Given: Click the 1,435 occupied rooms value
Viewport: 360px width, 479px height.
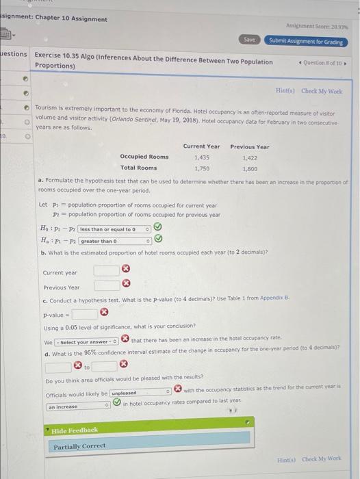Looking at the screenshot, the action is (x=201, y=157).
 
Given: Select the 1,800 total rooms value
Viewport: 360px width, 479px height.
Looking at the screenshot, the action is (x=249, y=168).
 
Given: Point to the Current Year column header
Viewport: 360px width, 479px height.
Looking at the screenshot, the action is (x=201, y=146).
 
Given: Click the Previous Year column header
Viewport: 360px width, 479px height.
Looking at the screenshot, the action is (x=249, y=146).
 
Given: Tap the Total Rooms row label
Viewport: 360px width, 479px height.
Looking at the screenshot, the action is (x=138, y=168).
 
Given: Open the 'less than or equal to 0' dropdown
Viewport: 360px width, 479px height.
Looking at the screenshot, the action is (x=112, y=229).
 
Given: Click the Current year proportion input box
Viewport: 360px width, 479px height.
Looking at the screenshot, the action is (x=106, y=272).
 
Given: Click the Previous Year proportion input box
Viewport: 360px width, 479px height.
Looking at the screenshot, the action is (x=106, y=286).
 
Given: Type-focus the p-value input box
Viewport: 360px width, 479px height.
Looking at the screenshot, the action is (x=84, y=314).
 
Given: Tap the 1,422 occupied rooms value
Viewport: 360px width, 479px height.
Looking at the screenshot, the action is (x=249, y=157).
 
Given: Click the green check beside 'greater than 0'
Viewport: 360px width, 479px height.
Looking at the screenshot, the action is (x=158, y=239).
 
